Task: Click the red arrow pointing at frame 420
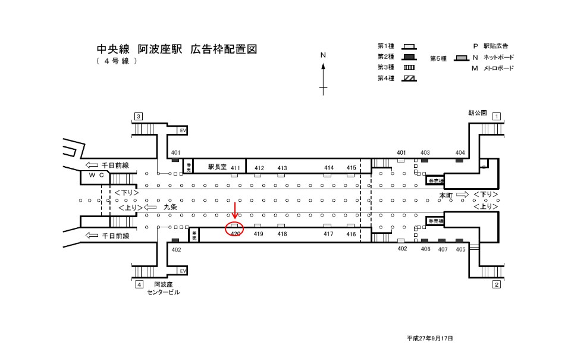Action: [235, 211]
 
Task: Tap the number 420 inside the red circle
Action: [235, 234]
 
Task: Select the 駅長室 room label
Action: [218, 168]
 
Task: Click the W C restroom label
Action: [96, 176]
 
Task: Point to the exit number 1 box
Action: [496, 117]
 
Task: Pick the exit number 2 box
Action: [496, 284]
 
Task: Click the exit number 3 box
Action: [139, 116]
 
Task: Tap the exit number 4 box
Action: [139, 284]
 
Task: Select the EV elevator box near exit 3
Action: [183, 130]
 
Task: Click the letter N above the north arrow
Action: [324, 55]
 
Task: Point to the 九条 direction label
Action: [170, 208]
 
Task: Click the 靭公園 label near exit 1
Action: [478, 112]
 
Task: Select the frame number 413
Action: [282, 168]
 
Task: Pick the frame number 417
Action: [328, 234]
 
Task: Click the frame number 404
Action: [460, 153]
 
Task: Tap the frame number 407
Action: [443, 249]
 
